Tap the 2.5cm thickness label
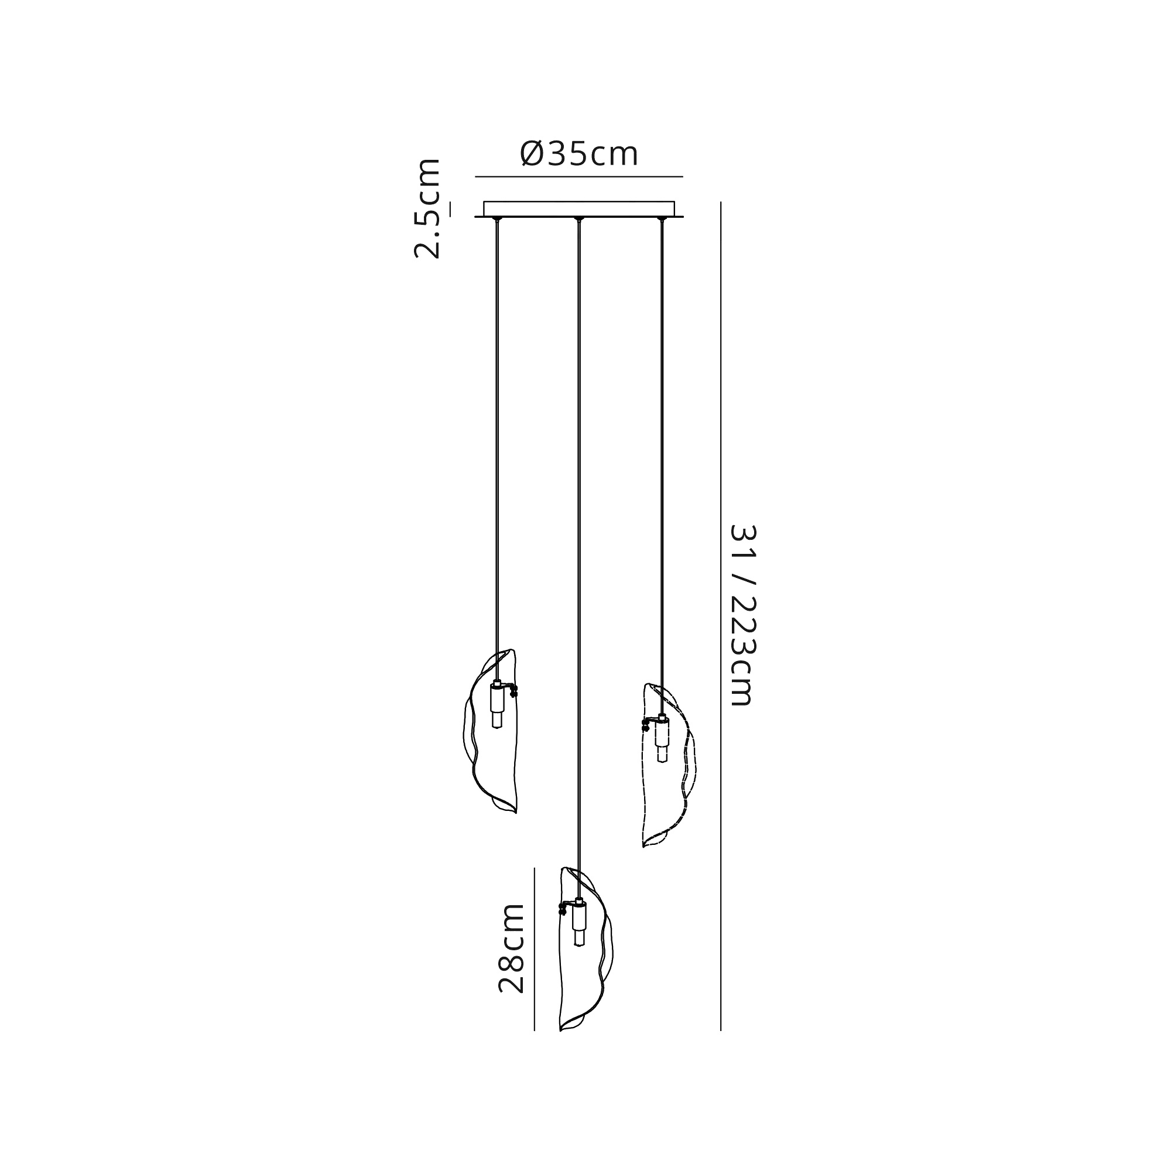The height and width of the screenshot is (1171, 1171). pos(427,208)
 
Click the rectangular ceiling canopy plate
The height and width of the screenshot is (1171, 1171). pos(579,208)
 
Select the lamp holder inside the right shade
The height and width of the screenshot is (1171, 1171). pos(662,738)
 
